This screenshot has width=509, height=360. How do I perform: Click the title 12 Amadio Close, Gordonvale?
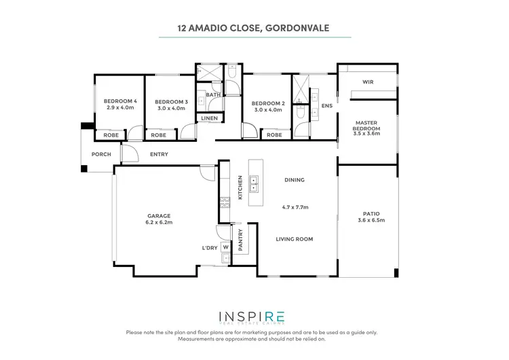tap(254, 29)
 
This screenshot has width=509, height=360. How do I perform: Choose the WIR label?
tap(369, 82)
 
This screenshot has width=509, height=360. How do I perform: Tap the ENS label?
tap(326, 106)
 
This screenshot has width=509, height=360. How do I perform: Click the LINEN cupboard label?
tap(209, 119)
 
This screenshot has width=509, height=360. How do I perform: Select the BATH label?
tap(214, 95)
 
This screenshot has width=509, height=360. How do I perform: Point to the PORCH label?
tap(100, 154)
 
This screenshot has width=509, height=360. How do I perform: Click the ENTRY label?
tap(159, 154)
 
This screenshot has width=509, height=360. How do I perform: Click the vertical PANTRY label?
tap(240, 240)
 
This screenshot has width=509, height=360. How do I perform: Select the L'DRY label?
tap(209, 248)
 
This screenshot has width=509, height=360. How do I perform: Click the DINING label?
tap(295, 180)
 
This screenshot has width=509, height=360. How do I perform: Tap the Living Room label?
tap(295, 239)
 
